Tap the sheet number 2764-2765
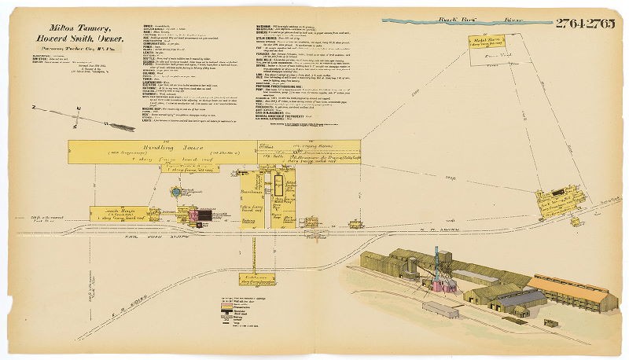click(586, 23)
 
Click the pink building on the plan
click(189, 213)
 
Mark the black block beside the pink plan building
click(204, 214)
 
